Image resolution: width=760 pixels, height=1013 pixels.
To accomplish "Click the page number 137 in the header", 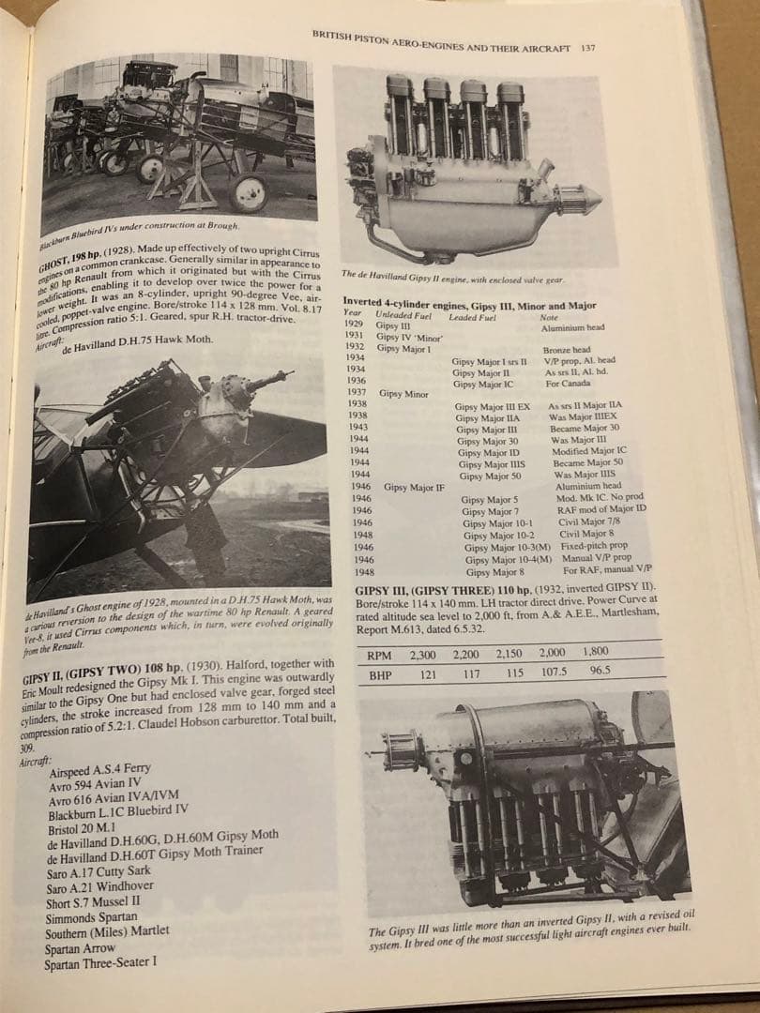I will pos(587,48).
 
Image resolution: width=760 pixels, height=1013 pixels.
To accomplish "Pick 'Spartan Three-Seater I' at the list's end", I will pos(101,963).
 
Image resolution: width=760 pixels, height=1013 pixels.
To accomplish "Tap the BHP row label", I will pos(380,673).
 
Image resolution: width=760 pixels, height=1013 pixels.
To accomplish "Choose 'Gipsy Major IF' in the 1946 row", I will pos(414,488).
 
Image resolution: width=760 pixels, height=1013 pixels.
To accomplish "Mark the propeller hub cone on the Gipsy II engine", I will pos(583,198).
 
